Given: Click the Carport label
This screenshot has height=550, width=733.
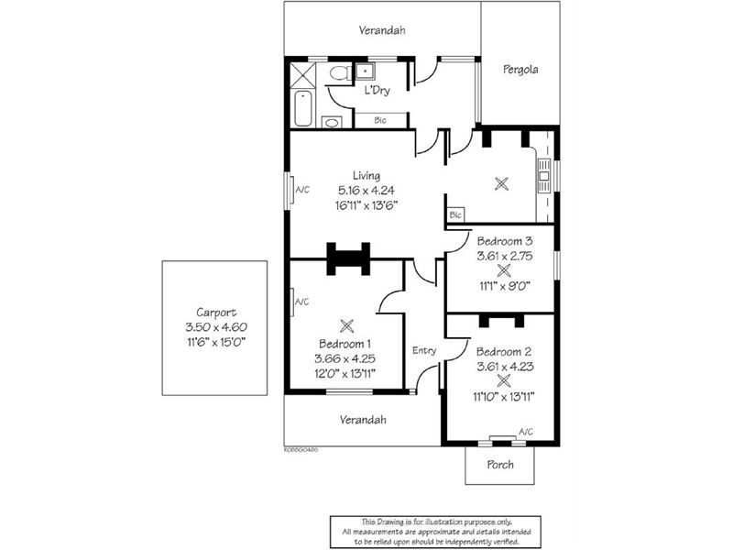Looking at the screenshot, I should (215, 312).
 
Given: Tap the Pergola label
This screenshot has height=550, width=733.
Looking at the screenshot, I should (520, 69).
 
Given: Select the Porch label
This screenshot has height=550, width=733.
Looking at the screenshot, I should (499, 465).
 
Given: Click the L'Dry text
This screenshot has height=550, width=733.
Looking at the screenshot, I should (377, 91).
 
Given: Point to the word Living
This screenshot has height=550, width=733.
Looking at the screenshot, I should (366, 175).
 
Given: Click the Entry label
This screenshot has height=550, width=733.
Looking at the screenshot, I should (424, 350).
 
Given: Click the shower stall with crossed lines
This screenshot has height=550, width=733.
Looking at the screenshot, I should (302, 72).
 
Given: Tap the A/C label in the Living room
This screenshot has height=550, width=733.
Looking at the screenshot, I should (302, 190).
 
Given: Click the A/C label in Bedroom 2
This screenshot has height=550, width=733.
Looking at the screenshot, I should (526, 432).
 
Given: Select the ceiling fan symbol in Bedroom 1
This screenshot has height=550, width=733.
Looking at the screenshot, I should (346, 324).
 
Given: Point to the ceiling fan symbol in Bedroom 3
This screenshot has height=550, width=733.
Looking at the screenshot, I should (503, 271).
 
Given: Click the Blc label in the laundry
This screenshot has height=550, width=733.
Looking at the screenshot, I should (379, 120).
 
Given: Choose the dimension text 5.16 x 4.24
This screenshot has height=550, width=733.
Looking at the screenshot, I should (366, 191).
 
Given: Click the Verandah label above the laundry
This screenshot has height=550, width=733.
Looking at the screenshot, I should (381, 30).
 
